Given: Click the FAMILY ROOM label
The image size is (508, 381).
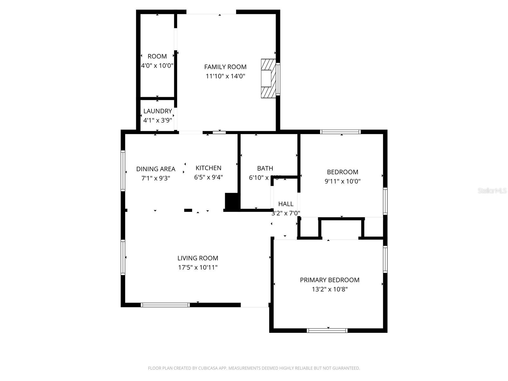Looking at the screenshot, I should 225,67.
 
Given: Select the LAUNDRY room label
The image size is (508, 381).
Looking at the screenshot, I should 157,111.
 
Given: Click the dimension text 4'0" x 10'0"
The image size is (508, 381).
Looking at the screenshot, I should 157,66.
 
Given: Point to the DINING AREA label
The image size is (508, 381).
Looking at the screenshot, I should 156,169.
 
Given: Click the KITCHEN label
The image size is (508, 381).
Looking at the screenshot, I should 208,168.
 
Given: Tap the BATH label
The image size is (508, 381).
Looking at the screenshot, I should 265,168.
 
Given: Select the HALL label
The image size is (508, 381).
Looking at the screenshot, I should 286,204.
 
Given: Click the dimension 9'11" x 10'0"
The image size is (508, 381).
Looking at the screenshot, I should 342,181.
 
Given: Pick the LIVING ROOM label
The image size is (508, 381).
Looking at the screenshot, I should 197,258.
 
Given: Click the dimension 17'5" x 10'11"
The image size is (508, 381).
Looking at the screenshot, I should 197,267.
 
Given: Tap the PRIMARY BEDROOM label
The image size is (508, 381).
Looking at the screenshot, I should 330,280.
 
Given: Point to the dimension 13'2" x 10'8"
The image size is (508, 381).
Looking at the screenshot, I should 330,289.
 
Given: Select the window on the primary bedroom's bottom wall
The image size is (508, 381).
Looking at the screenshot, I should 327,331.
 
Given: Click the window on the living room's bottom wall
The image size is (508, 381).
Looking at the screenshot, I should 165,305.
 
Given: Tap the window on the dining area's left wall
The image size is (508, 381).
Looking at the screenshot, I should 123,171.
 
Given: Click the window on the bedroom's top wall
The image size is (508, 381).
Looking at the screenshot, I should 340,132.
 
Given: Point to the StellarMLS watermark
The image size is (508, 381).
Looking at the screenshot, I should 492,190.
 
